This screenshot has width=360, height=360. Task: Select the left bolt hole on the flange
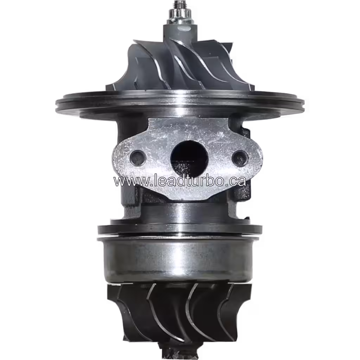coord(137,157)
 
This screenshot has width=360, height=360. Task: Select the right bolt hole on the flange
coord(240,157)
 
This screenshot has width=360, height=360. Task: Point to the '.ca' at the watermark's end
coord(234,181)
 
